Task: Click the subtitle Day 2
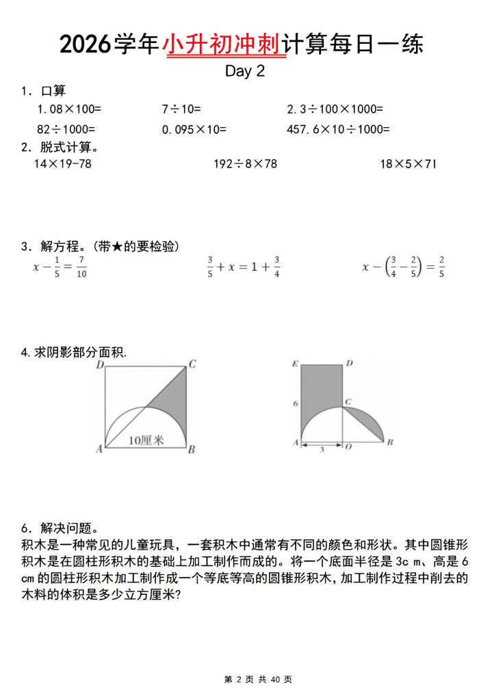(245, 71)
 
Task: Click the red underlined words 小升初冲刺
(223, 44)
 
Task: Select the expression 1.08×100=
(69, 109)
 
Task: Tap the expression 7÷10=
(181, 109)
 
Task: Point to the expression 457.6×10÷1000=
(338, 129)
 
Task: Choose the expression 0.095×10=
(194, 129)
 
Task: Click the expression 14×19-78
(62, 163)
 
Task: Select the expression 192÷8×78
(245, 163)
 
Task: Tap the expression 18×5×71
(408, 163)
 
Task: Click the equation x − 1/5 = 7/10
(60, 267)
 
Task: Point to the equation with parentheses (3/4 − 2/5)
(403, 267)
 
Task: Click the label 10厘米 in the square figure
(146, 441)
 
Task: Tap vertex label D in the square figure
(99, 365)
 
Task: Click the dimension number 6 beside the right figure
(296, 404)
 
